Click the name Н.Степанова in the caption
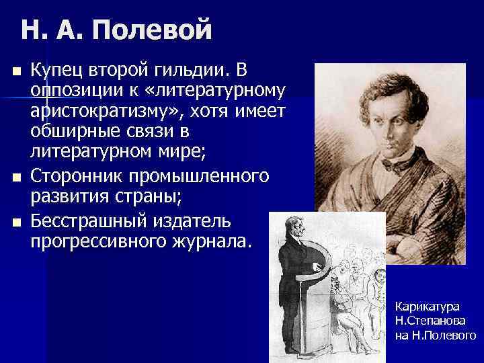point(430,321)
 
